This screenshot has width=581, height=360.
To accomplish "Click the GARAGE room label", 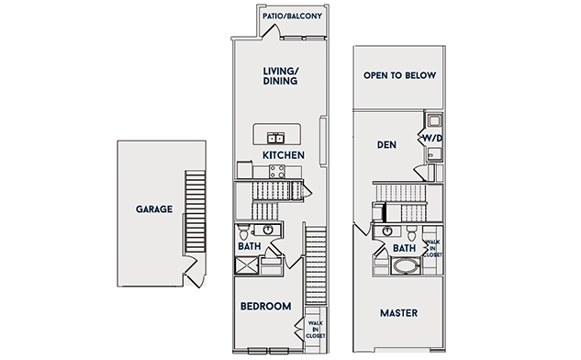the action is [x=154, y=209].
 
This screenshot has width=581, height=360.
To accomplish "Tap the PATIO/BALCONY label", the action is [x=292, y=17].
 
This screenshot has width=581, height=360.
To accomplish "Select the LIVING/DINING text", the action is [x=281, y=76].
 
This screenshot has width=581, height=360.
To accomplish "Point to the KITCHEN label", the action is [x=284, y=155].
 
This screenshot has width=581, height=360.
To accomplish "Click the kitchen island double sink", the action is [x=276, y=139].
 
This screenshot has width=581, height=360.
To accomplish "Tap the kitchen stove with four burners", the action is [x=277, y=172].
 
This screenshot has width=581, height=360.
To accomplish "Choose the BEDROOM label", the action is [x=265, y=306].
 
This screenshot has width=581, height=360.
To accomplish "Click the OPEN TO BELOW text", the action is [x=399, y=75].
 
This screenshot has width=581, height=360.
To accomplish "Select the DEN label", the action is [x=386, y=144].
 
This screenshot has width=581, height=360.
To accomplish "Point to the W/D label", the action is [x=432, y=139].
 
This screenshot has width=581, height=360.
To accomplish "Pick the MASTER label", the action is [x=398, y=313].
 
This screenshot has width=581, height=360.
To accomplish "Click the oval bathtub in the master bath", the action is [x=407, y=265].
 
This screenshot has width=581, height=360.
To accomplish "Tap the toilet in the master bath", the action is [x=412, y=233].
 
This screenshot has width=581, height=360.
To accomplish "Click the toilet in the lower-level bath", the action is [x=244, y=232].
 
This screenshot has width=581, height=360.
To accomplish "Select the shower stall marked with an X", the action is [x=247, y=265].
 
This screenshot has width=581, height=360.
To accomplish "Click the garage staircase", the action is [x=196, y=211].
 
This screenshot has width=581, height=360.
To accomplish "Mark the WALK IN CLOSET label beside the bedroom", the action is [x=316, y=330].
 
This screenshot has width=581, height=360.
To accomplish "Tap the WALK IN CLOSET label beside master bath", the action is [x=432, y=248].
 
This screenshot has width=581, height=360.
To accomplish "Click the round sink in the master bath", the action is [x=387, y=231].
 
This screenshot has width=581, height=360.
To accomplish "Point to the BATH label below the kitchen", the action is [x=250, y=246].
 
